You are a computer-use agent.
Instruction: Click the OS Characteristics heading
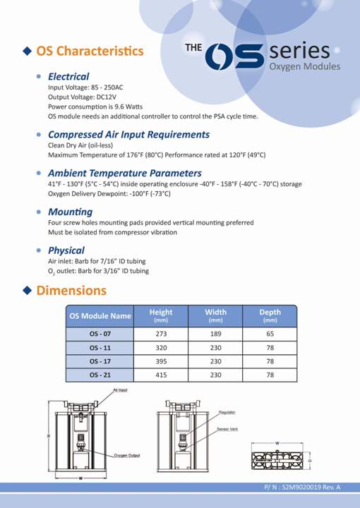coord(90,51)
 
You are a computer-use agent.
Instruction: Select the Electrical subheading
coord(68,76)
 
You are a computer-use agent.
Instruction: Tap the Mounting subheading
coord(70,212)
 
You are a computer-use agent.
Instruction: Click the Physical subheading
coord(66,250)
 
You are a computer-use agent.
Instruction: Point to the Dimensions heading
coord(71,290)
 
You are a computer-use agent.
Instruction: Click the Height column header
coord(161,315)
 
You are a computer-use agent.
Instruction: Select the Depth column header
coord(270,315)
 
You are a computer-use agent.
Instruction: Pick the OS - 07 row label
coord(100,333)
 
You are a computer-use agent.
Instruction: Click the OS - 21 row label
coord(100,375)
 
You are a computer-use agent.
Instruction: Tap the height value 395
coord(161,361)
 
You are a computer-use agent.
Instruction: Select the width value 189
coord(215,333)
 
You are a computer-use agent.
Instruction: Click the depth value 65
coord(270,333)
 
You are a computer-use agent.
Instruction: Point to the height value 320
coord(161,347)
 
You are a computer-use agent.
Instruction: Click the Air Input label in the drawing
coord(120,389)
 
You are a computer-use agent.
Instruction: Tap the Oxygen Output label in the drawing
coord(127,455)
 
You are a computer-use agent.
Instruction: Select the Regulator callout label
coord(227,412)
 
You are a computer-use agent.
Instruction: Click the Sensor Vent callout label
coord(228,429)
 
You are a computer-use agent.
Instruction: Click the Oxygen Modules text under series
coord(305,67)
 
